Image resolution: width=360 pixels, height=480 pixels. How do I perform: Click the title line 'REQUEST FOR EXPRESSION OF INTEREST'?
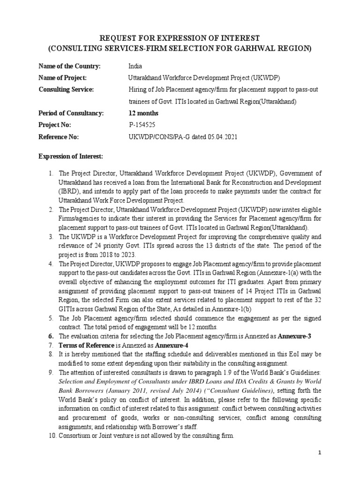tap(180, 37)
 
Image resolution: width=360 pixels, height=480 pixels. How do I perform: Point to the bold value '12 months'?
tap(143, 113)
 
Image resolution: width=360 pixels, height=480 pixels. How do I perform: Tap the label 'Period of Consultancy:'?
tap(70, 113)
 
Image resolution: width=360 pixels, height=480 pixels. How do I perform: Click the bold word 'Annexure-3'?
tap(295, 336)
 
